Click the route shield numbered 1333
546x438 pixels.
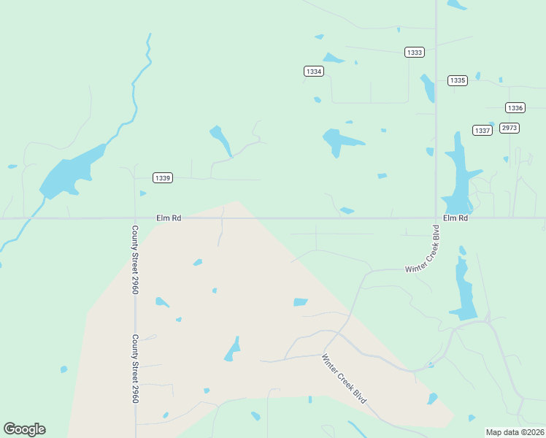click(x=415, y=52)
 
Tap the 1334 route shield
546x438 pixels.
click(x=314, y=71)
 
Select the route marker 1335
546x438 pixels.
click(x=458, y=80)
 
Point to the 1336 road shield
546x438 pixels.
click(x=515, y=107)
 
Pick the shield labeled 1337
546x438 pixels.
click(x=482, y=130)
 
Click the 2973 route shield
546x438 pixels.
click(x=510, y=128)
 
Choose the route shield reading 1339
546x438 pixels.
click(x=163, y=177)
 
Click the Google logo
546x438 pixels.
click(x=24, y=429)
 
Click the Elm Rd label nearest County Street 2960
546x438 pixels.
click(x=168, y=218)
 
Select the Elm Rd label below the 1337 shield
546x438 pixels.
click(x=455, y=218)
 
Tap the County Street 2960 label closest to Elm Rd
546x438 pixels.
click(x=135, y=259)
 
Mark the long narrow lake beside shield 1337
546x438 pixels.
click(x=458, y=174)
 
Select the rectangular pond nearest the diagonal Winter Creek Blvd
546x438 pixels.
click(x=300, y=302)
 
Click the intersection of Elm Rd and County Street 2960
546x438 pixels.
click(x=135, y=218)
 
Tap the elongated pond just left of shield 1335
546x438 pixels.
click(x=427, y=88)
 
